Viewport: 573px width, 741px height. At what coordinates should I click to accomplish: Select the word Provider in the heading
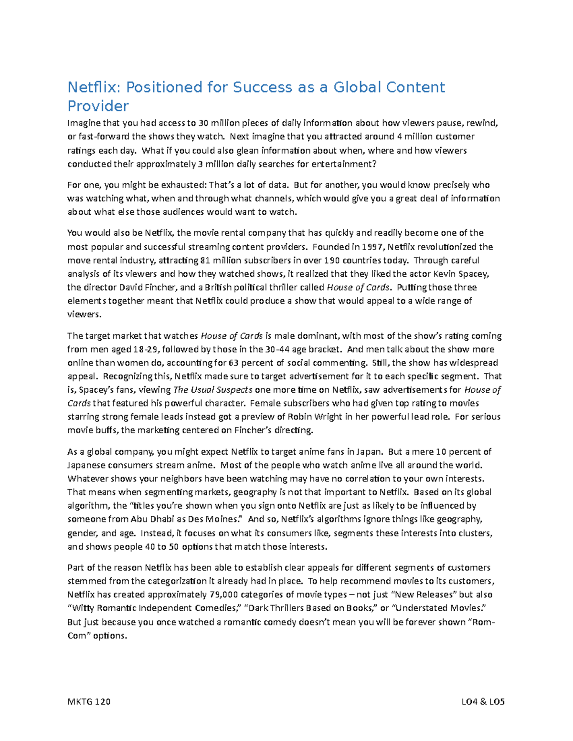coord(98,106)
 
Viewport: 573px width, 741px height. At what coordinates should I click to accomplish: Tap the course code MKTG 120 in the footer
coord(89,701)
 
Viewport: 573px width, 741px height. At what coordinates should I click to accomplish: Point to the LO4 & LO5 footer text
coord(483,701)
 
